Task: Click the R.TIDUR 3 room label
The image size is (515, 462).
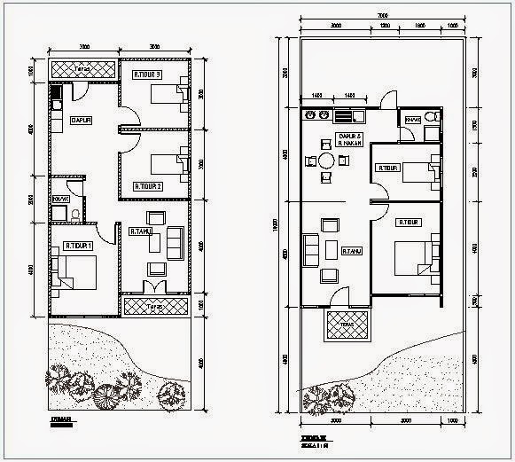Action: tap(147, 74)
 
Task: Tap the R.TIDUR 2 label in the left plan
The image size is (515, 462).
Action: tap(147, 187)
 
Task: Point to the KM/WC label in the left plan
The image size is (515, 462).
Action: tap(60, 199)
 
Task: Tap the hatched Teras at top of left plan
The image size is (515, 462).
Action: tap(84, 68)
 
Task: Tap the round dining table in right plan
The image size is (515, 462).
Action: tap(326, 161)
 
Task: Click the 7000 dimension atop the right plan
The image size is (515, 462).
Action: tap(381, 15)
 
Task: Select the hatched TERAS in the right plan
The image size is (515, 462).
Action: tap(347, 324)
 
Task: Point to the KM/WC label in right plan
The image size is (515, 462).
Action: tap(412, 118)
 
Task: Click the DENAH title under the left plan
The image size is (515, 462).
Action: tap(61, 422)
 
